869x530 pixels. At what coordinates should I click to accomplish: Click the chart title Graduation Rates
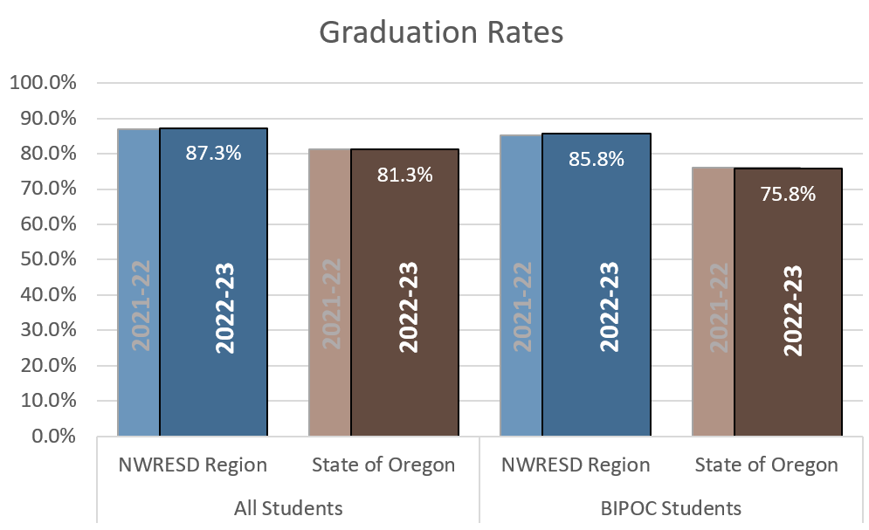(441, 32)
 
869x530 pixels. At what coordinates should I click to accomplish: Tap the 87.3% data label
(213, 154)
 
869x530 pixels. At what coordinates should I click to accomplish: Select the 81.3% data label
(404, 175)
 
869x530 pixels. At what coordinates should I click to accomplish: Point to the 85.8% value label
(596, 159)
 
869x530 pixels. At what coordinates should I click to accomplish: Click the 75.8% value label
(788, 194)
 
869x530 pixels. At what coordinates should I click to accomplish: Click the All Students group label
(288, 507)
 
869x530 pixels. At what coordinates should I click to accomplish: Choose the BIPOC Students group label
(671, 507)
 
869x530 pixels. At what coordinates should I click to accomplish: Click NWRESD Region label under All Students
(192, 465)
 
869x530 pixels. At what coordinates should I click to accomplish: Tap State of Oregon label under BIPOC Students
(766, 465)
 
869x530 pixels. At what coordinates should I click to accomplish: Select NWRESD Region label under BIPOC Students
(576, 465)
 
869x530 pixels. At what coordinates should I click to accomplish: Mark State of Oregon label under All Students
(383, 465)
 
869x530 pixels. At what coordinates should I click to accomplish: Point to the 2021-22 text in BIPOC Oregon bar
(718, 306)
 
